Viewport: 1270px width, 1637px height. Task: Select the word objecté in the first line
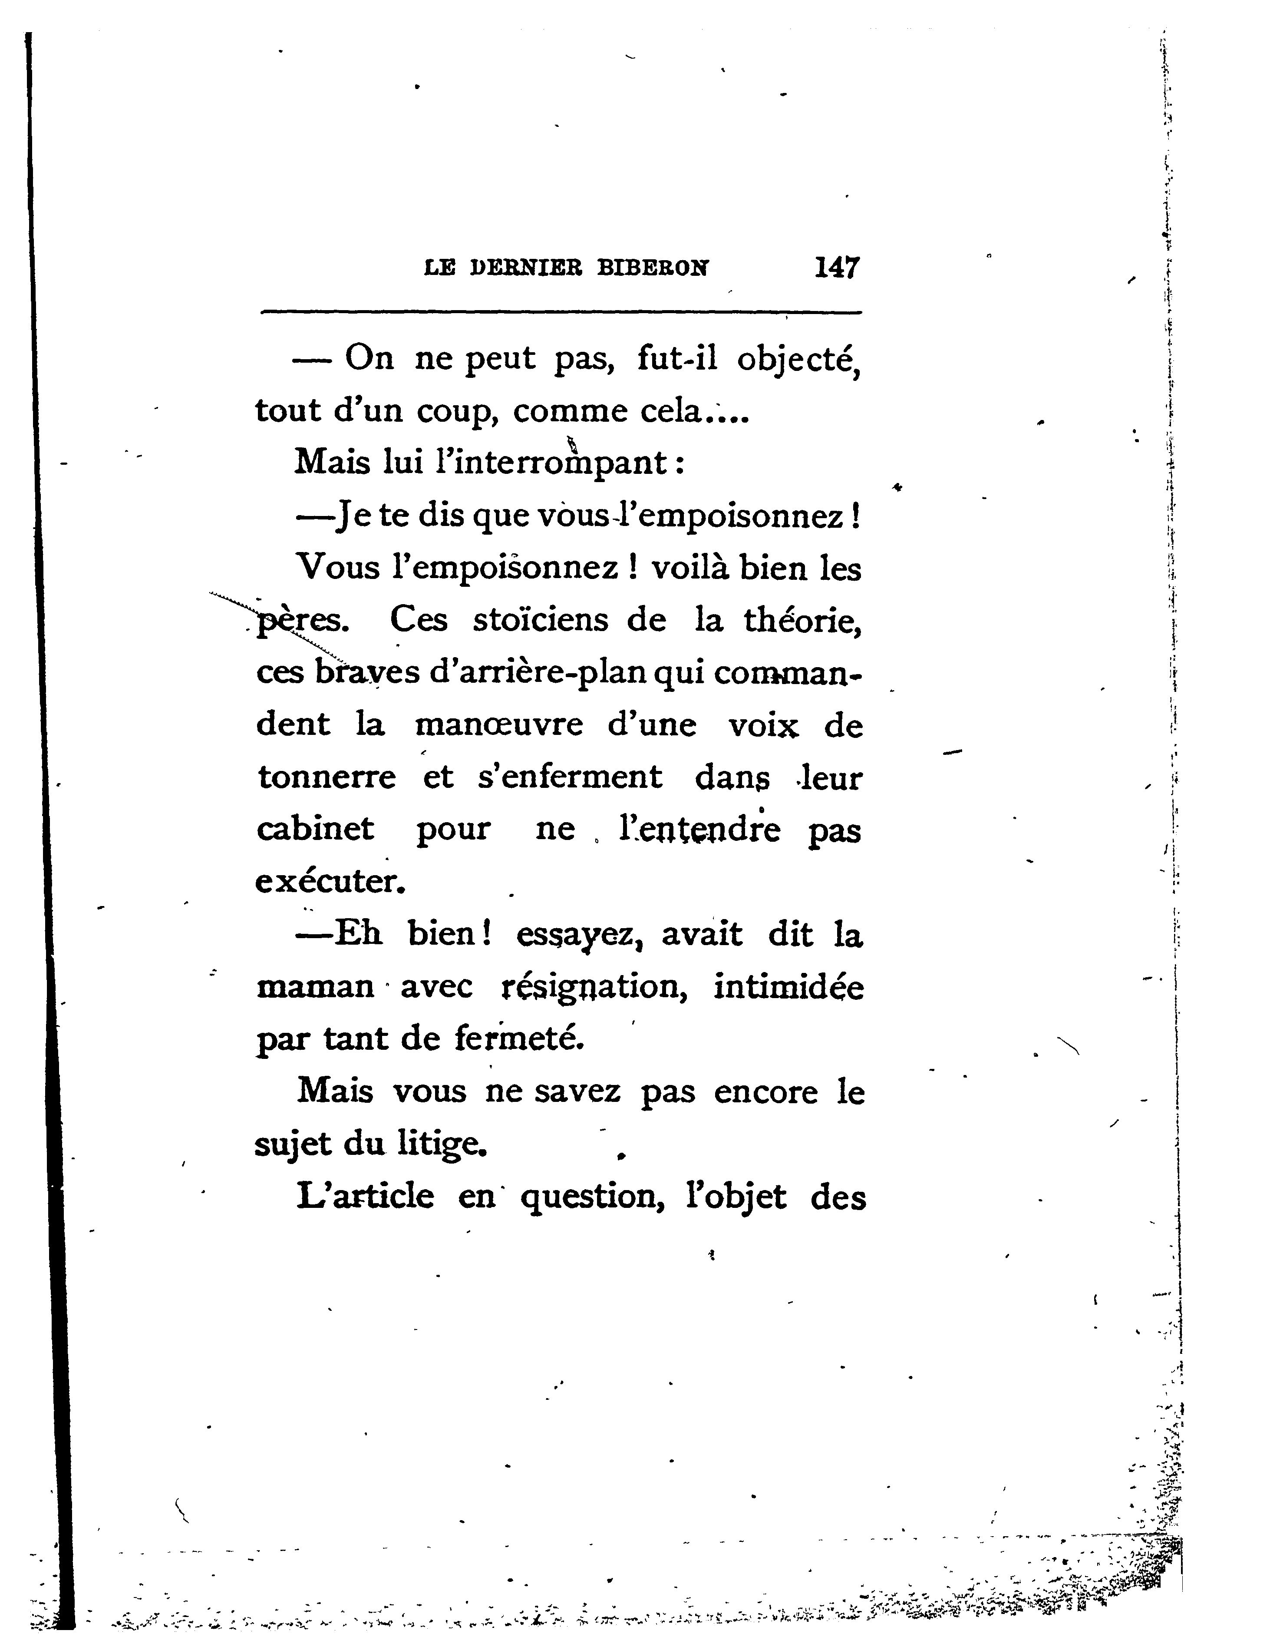click(x=799, y=360)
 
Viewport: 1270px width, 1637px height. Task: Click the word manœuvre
click(x=499, y=725)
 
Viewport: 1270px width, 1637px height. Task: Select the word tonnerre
click(x=326, y=777)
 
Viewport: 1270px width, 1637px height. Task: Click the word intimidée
click(x=788, y=986)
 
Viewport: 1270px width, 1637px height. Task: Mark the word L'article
click(x=365, y=1196)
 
